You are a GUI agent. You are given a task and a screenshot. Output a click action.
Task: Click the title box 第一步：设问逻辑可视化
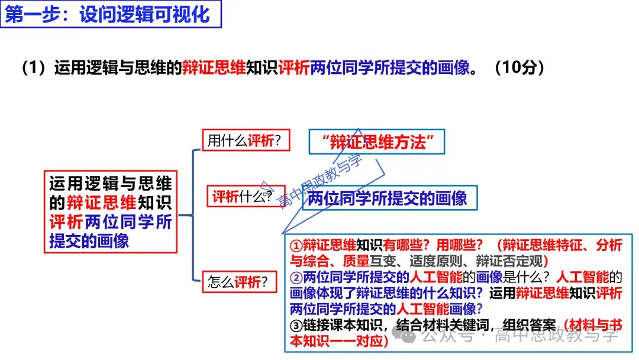112,14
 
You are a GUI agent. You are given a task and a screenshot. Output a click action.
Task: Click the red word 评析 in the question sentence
293,67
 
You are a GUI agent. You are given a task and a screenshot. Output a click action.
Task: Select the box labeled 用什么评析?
244,140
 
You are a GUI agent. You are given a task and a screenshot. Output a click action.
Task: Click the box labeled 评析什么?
243,197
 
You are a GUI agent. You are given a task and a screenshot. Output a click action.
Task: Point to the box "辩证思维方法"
376,142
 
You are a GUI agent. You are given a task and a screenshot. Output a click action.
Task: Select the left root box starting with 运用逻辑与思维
111,213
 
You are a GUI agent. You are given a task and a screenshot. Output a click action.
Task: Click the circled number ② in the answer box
296,277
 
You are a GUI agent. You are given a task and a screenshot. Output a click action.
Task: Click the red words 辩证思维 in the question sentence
214,67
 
